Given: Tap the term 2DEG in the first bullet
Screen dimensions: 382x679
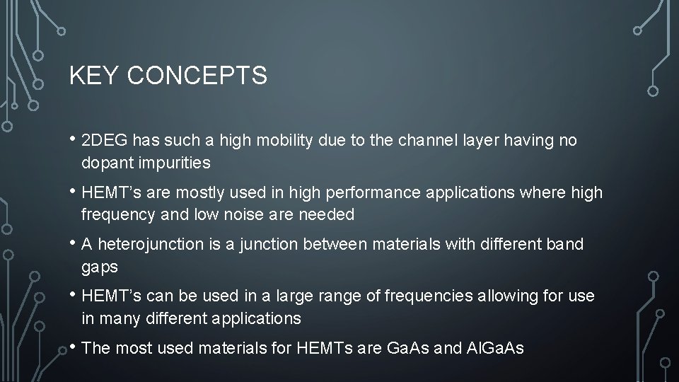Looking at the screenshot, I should [104, 141].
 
